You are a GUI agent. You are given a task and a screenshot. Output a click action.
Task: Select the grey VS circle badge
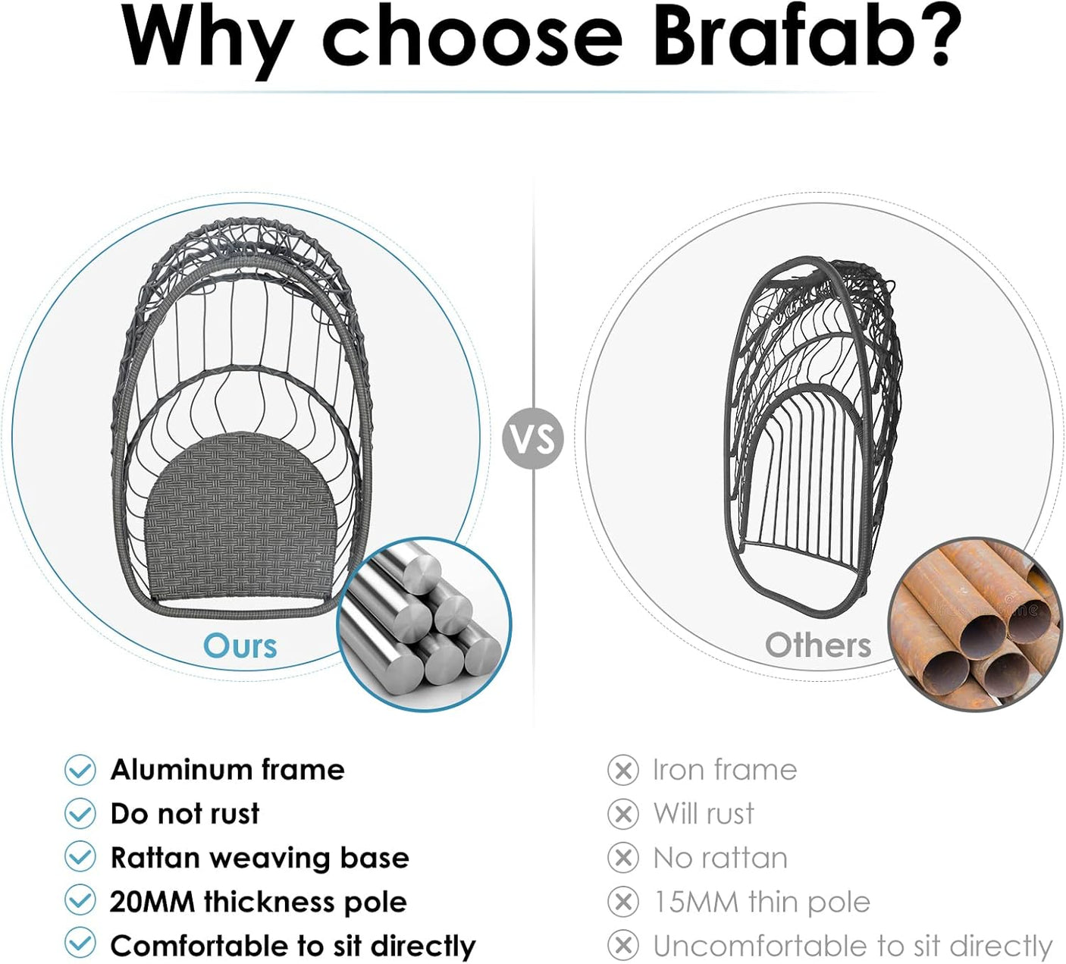coord(532,438)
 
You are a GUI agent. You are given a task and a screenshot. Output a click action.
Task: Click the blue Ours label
coord(240,646)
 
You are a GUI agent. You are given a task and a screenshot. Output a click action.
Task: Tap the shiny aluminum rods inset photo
coord(424,624)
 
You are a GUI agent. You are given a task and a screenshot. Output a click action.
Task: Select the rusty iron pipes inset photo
coord(975,624)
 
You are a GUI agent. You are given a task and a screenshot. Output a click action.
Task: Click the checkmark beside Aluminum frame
coord(80,769)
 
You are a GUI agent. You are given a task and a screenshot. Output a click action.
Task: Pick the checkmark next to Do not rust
coord(80,814)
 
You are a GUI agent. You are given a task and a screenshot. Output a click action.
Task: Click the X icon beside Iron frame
coord(622,770)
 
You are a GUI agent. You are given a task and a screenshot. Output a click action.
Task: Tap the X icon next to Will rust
coord(622,814)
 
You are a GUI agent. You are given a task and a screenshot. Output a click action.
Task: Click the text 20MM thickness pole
coord(259,902)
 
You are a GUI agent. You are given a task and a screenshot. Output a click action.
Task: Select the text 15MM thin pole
coord(761,902)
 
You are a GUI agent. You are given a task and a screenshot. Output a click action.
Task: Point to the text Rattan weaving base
coord(259,859)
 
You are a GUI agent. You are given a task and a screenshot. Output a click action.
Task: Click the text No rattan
coord(720,858)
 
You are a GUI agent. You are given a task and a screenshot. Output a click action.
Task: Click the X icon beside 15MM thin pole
coord(622,902)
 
